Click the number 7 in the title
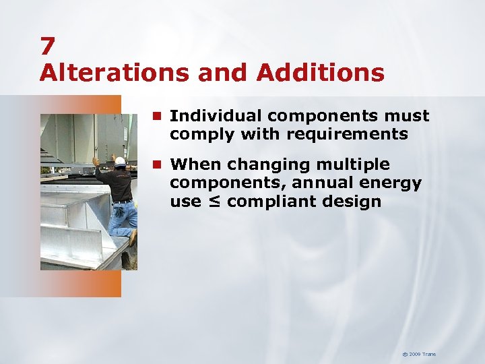pos(47,46)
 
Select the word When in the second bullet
pos(195,164)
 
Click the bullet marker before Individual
pos(158,117)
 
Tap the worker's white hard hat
pos(120,161)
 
